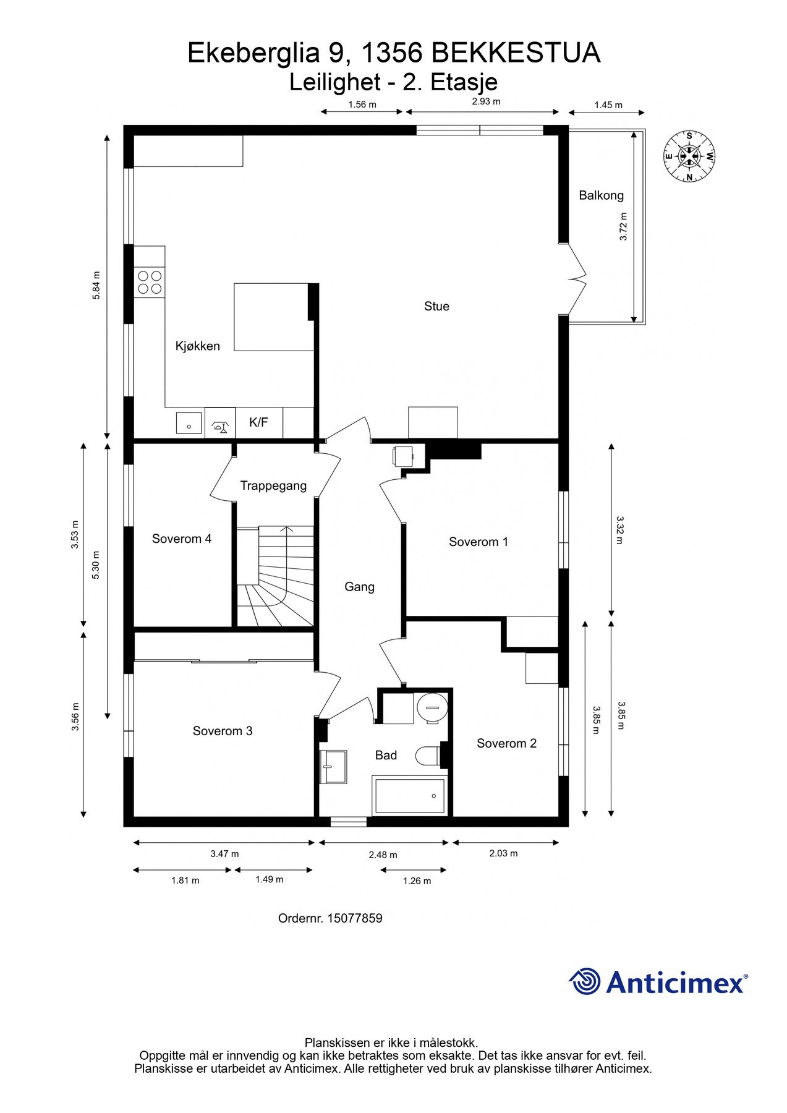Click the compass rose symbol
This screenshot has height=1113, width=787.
click(689, 156)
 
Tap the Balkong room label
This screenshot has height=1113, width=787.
click(601, 195)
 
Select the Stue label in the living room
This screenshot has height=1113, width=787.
click(436, 306)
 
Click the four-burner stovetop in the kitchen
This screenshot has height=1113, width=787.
click(150, 282)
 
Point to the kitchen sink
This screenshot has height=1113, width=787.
click(189, 424)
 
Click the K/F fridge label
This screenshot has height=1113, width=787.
click(258, 422)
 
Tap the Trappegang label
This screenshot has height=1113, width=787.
click(273, 486)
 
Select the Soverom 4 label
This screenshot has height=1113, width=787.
click(182, 539)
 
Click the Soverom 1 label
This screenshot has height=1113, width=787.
click(479, 542)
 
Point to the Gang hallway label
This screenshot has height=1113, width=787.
click(359, 587)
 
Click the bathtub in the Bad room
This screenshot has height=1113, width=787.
click(410, 796)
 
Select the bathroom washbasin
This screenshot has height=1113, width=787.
click(333, 767)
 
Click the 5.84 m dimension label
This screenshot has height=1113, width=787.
click(96, 286)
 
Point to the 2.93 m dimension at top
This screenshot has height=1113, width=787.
click(486, 101)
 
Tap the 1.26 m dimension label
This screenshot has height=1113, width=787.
click(417, 881)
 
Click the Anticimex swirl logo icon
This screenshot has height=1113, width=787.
click(585, 981)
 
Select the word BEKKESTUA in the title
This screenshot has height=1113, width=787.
click(516, 53)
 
